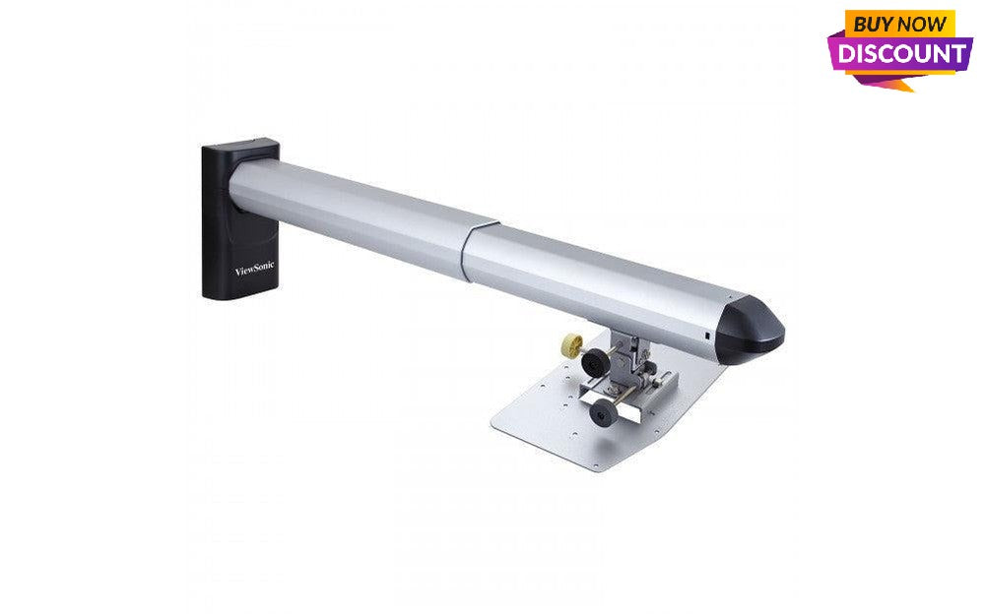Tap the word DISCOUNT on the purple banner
click(x=901, y=53)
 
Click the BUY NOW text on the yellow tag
click(x=899, y=23)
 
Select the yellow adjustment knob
click(x=567, y=345)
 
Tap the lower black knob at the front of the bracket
click(x=598, y=416)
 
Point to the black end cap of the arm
click(x=754, y=328)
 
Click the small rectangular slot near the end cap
click(x=708, y=338)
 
